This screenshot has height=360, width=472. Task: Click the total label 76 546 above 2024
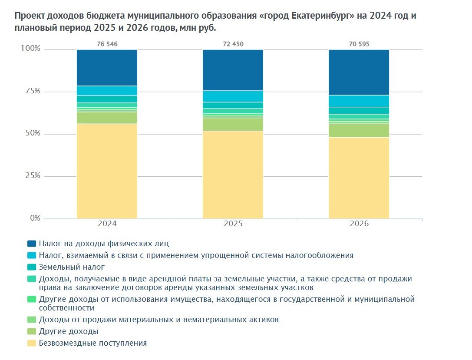pyautogui.click(x=107, y=44)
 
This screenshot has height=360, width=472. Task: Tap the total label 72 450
pyautogui.click(x=233, y=44)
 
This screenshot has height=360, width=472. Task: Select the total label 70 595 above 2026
pyautogui.click(x=359, y=44)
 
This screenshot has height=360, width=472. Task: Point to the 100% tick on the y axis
pyautogui.click(x=30, y=49)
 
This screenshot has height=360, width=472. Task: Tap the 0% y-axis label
pyautogui.click(x=35, y=218)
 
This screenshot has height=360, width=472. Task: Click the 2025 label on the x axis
pyautogui.click(x=233, y=224)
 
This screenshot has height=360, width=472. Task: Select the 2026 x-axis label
pyautogui.click(x=359, y=224)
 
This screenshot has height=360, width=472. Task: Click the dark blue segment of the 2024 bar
pyautogui.click(x=107, y=67)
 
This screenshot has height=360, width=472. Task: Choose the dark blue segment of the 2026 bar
pyautogui.click(x=359, y=72)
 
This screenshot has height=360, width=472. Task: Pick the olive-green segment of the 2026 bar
pyautogui.click(x=359, y=131)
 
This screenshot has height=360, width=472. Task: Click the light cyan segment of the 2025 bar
pyautogui.click(x=233, y=96)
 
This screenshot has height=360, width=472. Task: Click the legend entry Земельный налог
pyautogui.click(x=72, y=267)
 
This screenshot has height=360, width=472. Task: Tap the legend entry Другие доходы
pyautogui.click(x=68, y=331)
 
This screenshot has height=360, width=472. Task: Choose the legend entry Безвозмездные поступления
pyautogui.click(x=92, y=343)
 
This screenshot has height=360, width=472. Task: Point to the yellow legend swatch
pyautogui.click(x=32, y=343)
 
